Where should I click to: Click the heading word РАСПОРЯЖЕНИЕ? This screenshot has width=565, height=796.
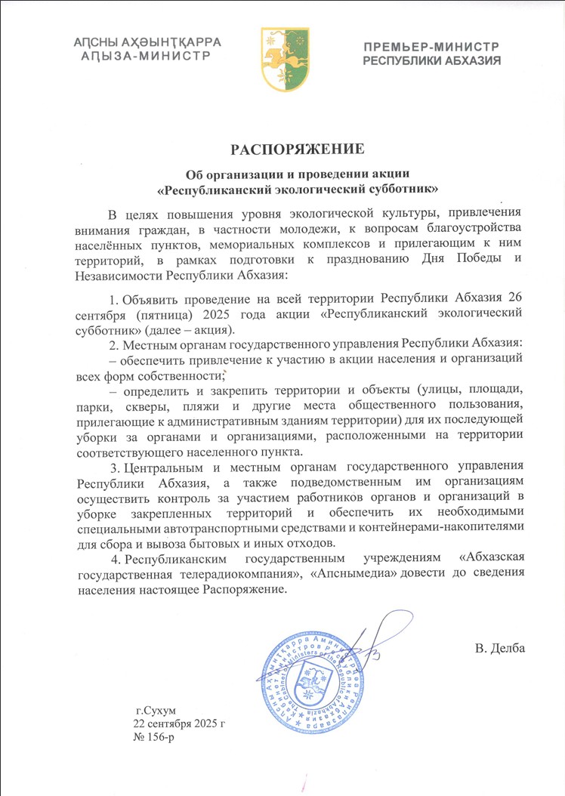(x=282, y=147)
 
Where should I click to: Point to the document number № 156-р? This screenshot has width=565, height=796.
(x=154, y=736)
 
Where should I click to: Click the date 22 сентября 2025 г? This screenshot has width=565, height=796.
(x=179, y=723)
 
